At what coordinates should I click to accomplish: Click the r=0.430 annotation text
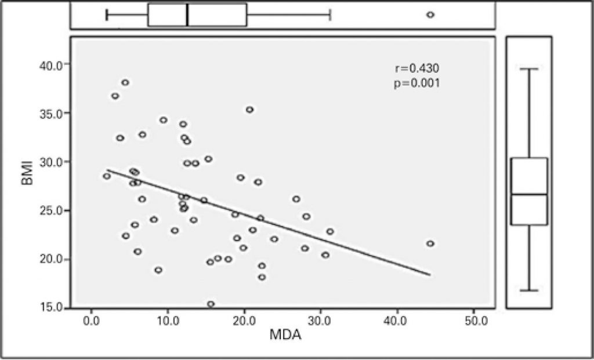click(x=412, y=69)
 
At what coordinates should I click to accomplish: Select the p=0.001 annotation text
click(x=412, y=83)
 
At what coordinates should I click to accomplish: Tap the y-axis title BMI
click(x=26, y=187)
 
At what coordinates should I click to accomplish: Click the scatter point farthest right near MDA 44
click(x=430, y=243)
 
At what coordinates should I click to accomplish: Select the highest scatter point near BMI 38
click(x=125, y=82)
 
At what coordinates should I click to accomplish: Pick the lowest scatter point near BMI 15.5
click(x=211, y=304)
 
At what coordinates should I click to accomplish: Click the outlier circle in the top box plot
click(x=430, y=15)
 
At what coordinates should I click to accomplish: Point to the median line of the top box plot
click(x=187, y=15)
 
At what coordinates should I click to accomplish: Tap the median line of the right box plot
click(x=528, y=194)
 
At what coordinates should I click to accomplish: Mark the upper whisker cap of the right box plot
click(x=528, y=69)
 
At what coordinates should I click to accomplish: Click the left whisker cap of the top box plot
click(x=107, y=15)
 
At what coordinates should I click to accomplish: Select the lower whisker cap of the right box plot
click(x=528, y=290)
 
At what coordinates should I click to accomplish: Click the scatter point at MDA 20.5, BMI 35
click(x=249, y=110)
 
